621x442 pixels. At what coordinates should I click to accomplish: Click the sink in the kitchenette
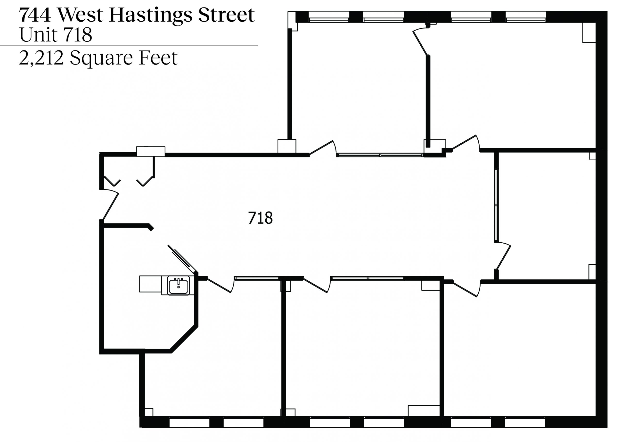179,286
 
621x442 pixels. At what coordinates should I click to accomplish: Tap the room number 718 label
260,218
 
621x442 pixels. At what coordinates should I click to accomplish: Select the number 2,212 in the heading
41,58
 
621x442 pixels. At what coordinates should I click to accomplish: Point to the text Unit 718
56,35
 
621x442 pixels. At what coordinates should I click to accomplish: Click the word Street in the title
226,15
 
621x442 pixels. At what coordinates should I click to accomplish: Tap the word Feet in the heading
158,58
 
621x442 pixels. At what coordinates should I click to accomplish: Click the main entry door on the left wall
110,205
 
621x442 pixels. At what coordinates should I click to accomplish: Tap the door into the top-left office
322,148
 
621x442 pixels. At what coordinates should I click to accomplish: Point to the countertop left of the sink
150,284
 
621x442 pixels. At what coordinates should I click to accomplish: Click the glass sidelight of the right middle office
496,205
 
